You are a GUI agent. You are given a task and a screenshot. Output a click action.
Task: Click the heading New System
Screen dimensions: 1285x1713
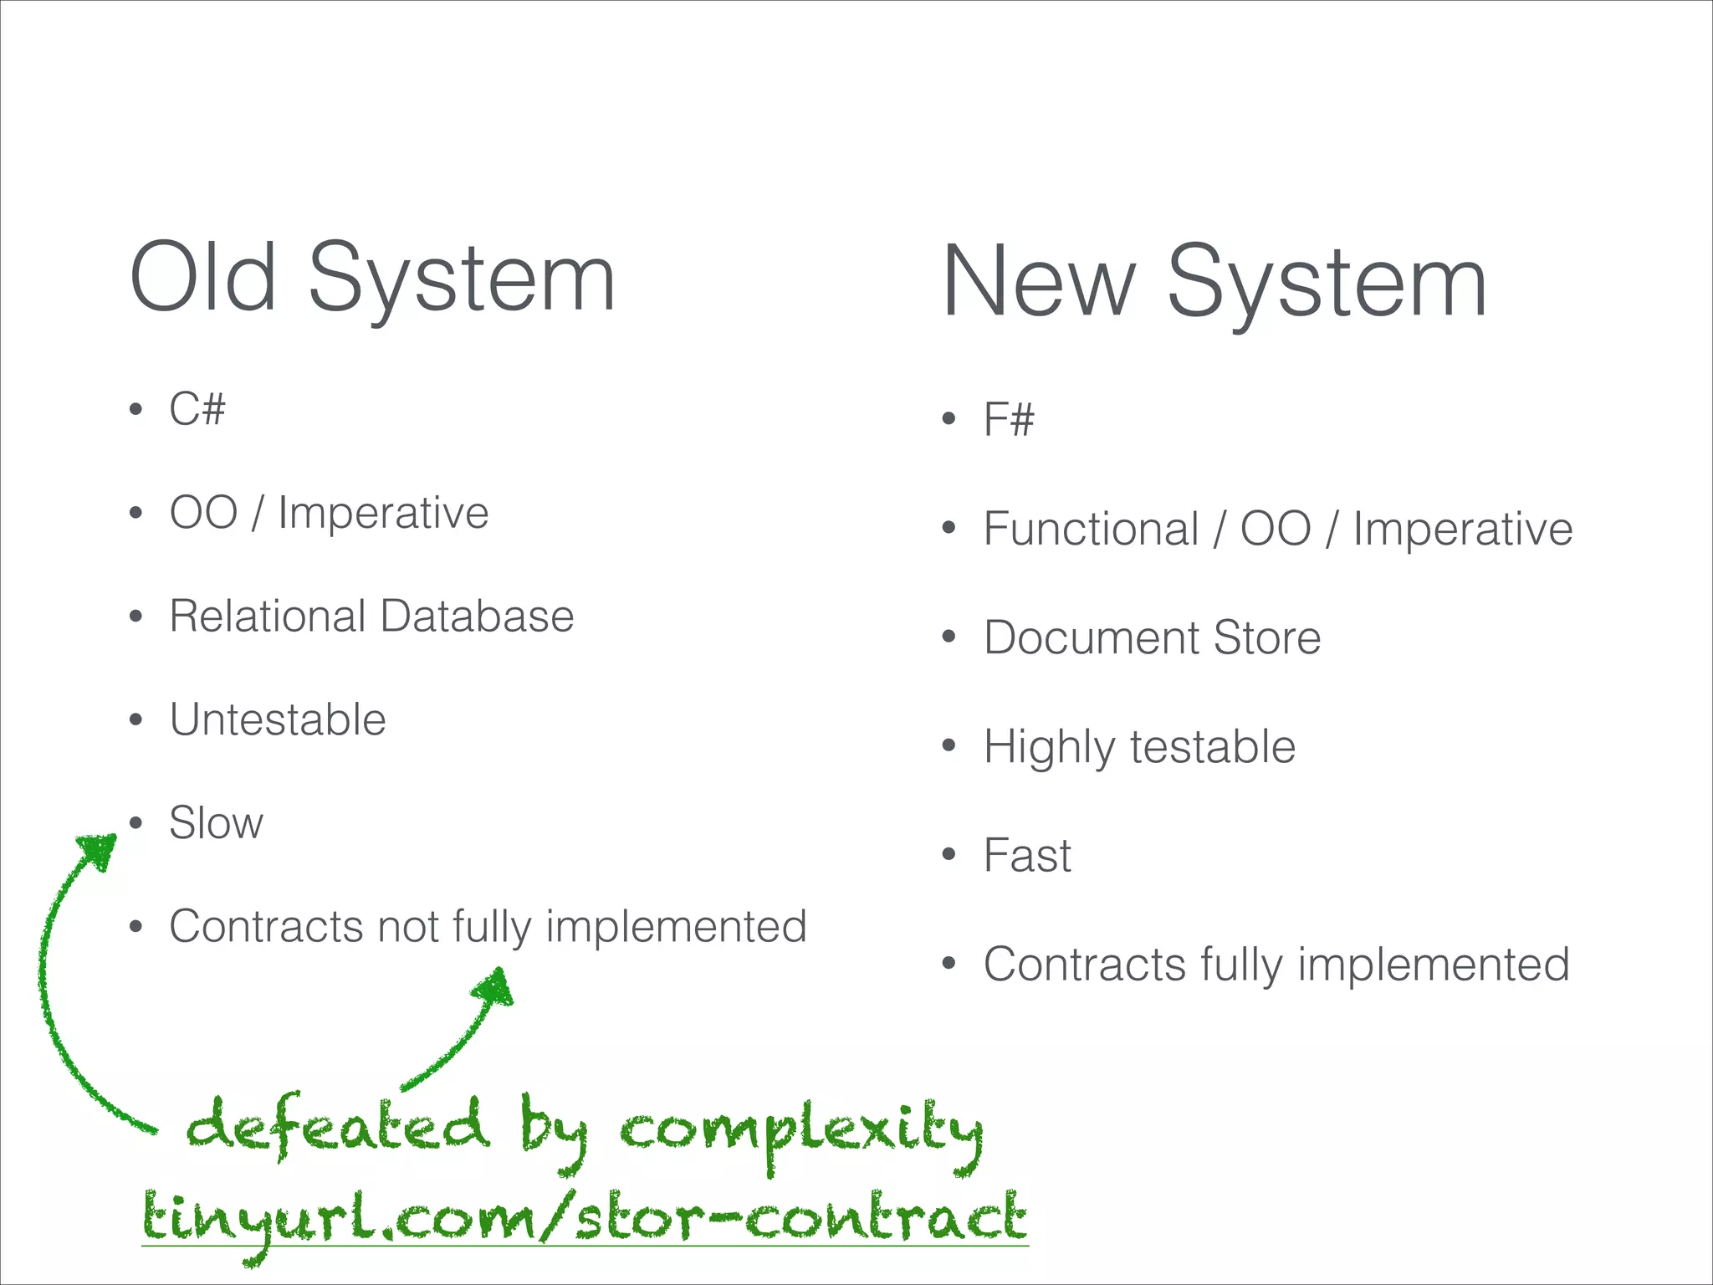pos(1214,283)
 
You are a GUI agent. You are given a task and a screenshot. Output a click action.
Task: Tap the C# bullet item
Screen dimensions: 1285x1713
pos(197,409)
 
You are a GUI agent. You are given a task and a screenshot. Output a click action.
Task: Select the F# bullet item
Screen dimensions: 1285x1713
pos(1009,419)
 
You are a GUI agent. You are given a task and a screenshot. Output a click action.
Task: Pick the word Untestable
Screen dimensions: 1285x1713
pos(278,719)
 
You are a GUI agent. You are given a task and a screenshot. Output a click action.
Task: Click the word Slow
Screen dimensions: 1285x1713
pos(216,823)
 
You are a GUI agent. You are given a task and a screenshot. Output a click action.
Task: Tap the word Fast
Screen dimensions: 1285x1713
pos(1027,856)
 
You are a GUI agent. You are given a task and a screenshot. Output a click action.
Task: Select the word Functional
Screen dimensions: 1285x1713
pos(1092,530)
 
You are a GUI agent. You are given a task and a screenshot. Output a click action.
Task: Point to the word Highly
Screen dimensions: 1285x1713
pos(1049,747)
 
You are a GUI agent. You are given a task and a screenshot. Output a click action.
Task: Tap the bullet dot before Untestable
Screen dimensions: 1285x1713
pos(136,720)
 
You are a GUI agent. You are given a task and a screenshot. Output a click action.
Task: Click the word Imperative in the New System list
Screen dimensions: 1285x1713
pos(1462,530)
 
